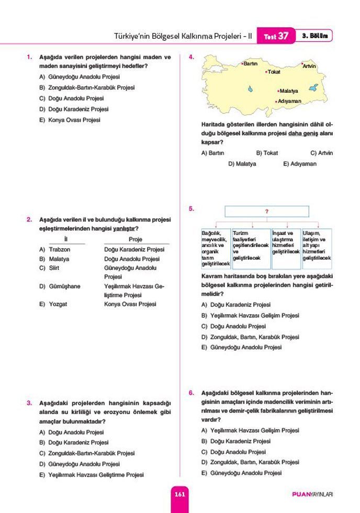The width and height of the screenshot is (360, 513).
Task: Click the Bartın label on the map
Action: pos(250,63)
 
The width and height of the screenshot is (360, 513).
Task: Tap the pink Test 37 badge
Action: pos(276,36)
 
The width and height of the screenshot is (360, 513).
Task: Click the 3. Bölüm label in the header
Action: pos(314,36)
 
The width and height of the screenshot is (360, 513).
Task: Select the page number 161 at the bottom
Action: pos(179,494)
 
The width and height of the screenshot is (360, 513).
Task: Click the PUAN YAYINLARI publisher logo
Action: pos(312,494)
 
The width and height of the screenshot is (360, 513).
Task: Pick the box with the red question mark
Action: pos(267,211)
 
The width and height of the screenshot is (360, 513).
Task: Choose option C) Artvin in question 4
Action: pos(321,153)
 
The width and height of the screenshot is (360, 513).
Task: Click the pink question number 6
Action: pos(192,392)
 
